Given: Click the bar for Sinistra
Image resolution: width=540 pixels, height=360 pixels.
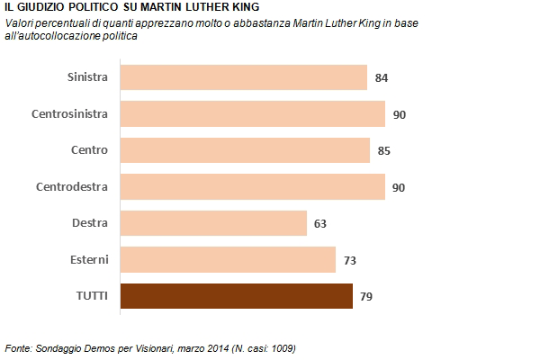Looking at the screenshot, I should coord(243,77).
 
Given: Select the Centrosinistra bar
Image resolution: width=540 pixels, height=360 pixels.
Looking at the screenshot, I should coord(252,113).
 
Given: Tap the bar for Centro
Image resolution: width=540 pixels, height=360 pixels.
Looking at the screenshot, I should coord(245,150).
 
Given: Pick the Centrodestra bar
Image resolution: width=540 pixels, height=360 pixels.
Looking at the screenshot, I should coord(252,186).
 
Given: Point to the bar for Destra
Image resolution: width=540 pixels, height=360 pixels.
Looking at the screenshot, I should coord(213,223).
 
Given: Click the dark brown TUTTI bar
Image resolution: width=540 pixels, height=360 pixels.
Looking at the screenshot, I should coord(236,296).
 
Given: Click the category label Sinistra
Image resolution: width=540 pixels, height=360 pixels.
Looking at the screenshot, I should coord(88,77).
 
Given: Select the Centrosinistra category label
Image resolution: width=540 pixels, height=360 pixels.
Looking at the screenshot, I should coord(70,113).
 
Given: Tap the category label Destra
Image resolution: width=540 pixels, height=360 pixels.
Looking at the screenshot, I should coord(90,223).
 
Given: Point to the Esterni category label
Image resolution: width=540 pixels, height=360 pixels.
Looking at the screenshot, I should coord(89,259).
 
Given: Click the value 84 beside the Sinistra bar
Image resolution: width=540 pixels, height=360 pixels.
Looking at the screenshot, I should coord(382,78).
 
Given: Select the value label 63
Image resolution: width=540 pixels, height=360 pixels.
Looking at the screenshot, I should coord(321,223).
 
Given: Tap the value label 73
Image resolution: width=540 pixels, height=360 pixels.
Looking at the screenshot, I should coord(351,260).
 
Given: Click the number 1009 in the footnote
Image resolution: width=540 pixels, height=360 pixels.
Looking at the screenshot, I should coord(280,347).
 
